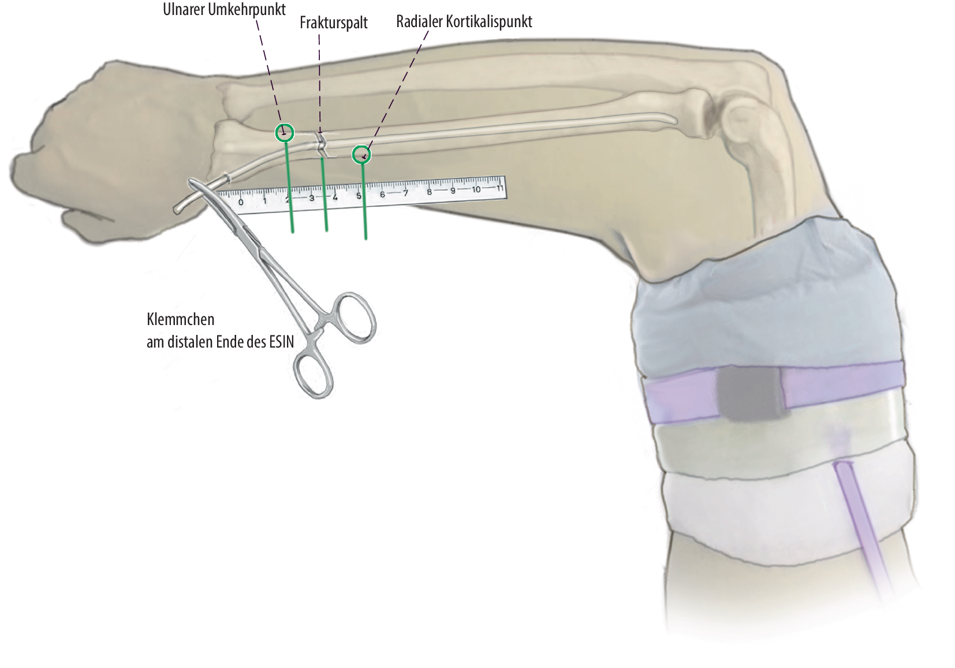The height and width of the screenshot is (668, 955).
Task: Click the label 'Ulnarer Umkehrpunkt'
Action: (x=224, y=9)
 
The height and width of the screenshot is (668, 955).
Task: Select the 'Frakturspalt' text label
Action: (x=334, y=23)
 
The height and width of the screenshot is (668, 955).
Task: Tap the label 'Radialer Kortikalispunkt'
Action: (x=464, y=22)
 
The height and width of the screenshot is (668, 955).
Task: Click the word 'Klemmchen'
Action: (x=180, y=319)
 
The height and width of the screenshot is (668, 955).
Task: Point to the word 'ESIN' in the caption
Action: (x=281, y=342)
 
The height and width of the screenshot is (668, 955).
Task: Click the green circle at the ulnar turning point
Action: (x=284, y=133)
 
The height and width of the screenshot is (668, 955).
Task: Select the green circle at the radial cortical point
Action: (x=361, y=155)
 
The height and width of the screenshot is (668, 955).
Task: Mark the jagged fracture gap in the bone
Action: (x=321, y=144)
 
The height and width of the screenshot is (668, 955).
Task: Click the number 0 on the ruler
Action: (x=241, y=202)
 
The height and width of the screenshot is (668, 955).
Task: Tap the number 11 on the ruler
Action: (x=499, y=188)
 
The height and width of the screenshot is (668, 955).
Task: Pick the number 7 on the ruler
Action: (x=405, y=193)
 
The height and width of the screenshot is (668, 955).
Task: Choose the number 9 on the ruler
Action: (x=453, y=190)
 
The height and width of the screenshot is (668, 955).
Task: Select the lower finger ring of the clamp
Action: (x=314, y=375)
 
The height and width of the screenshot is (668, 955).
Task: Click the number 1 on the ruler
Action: (x=264, y=201)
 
